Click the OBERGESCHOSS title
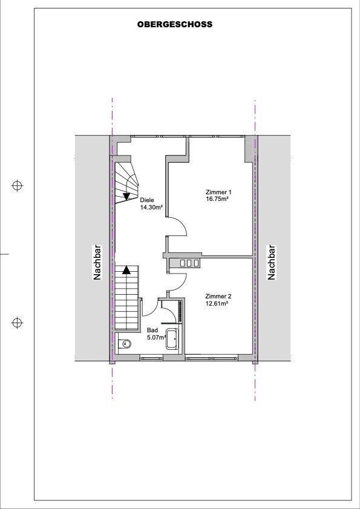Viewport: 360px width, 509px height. point(175,24)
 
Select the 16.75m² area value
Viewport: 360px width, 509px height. point(215,199)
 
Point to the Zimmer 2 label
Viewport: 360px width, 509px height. point(218,297)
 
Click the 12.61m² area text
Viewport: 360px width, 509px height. point(215,303)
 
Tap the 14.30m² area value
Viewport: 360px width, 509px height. point(151,207)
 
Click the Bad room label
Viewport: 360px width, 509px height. point(152,330)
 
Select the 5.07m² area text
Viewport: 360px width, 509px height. point(157,337)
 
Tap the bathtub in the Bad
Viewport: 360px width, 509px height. point(172,339)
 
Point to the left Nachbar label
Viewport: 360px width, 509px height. point(97,262)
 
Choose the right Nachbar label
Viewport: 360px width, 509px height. point(272,262)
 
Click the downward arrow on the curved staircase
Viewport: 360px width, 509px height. point(126,195)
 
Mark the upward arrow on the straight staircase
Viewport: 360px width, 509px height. point(126,270)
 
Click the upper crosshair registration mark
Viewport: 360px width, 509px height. point(17,186)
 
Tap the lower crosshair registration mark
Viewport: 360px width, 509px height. point(17,323)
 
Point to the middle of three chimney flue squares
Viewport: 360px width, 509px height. point(189,263)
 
